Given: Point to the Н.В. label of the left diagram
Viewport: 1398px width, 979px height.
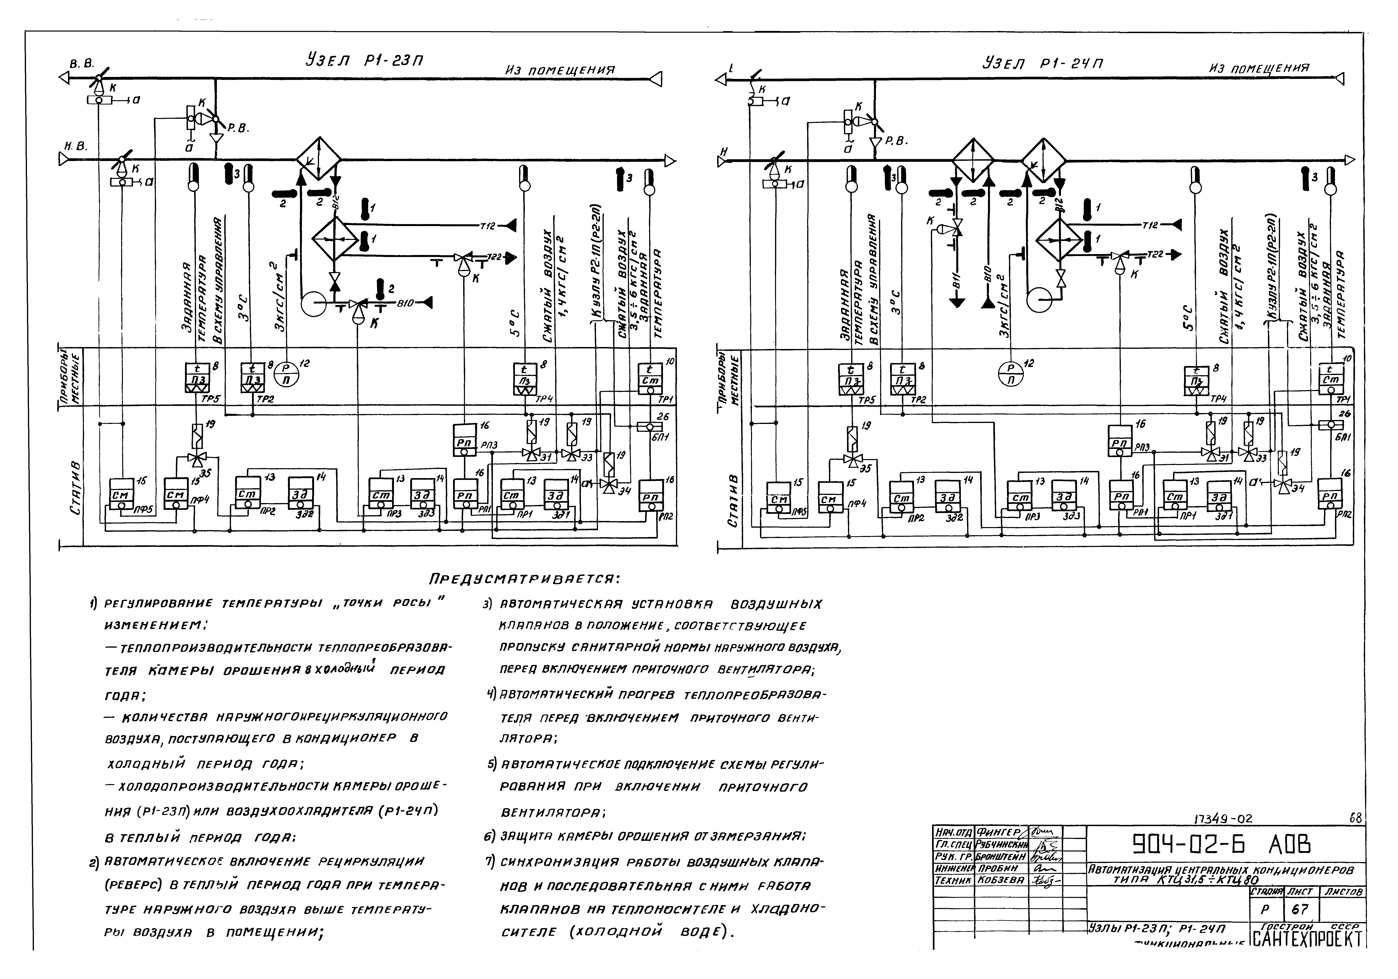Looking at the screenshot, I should click(76, 146).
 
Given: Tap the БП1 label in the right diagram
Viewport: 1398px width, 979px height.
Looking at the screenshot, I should click(1339, 436).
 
